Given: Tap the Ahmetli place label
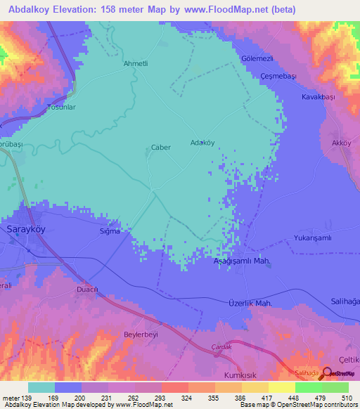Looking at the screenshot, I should click(136, 63).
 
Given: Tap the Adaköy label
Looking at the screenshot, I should click(202, 142).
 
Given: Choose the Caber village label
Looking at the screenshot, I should click(161, 148).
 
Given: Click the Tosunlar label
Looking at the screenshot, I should click(60, 108).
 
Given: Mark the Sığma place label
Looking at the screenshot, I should click(110, 231).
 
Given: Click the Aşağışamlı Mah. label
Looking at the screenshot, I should click(242, 261).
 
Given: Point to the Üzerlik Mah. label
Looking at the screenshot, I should click(250, 303).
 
